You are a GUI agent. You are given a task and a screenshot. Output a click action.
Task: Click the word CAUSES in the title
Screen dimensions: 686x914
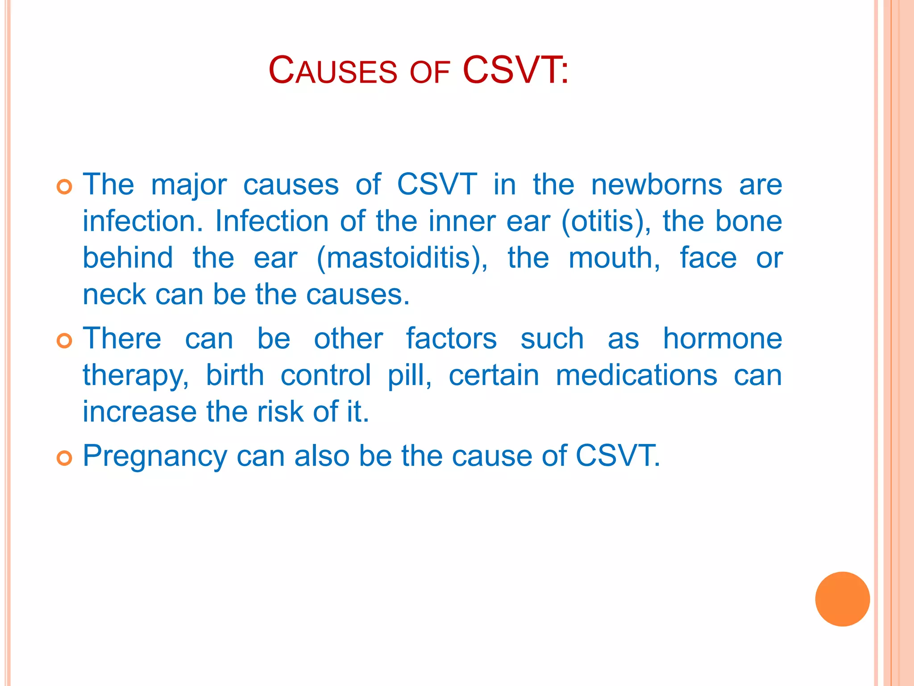332,71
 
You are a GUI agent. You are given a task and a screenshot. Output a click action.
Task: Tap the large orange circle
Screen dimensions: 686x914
842,599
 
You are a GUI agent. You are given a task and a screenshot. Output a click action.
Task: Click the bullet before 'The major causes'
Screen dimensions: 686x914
64,187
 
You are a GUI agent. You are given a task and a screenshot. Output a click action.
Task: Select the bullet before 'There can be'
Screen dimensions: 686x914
64,341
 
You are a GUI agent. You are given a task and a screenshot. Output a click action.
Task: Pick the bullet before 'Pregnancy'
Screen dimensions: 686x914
64,458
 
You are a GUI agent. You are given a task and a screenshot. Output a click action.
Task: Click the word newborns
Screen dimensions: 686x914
656,184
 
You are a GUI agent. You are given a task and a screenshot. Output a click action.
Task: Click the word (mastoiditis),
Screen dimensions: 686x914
402,258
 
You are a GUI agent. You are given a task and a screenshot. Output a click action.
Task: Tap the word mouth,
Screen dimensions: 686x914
614,258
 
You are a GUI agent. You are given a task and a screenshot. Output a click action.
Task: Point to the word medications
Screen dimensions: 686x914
636,375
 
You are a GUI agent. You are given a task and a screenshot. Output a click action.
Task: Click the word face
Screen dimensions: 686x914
708,258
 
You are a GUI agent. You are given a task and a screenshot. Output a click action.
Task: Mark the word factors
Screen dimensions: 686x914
451,339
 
